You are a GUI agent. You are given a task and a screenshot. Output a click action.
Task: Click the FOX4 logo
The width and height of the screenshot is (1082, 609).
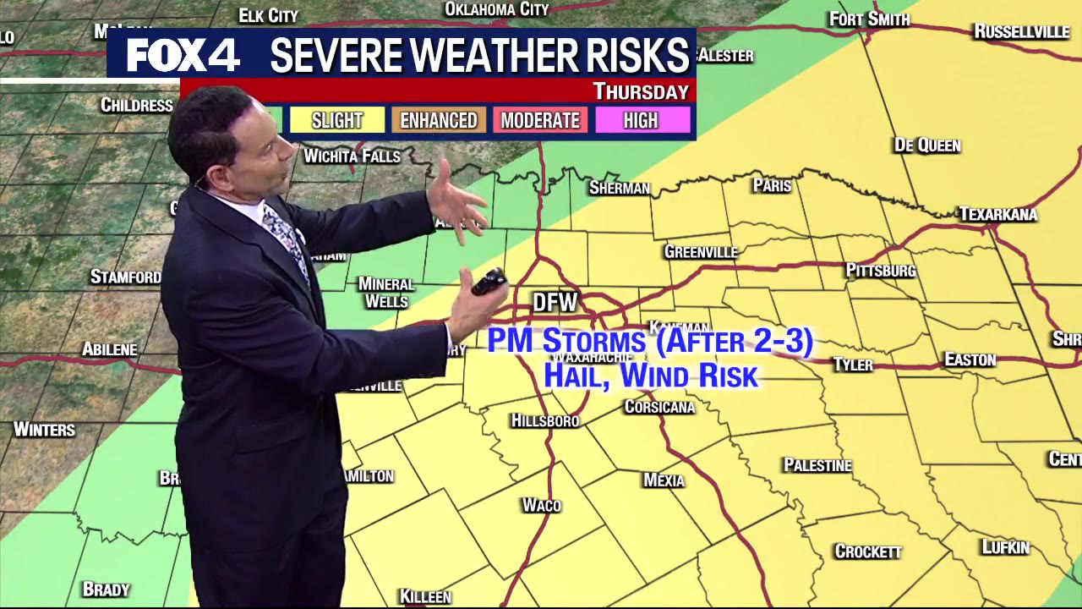[183, 56]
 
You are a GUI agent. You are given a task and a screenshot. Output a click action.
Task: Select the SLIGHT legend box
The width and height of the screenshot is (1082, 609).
[337, 120]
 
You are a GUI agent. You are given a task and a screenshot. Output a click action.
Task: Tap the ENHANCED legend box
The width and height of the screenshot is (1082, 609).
[439, 120]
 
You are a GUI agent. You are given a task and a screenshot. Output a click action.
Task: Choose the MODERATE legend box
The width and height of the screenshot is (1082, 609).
[540, 120]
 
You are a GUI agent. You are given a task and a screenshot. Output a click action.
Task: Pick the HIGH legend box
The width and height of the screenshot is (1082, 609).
[641, 120]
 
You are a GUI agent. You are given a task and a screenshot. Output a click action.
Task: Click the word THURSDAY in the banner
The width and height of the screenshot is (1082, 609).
[641, 91]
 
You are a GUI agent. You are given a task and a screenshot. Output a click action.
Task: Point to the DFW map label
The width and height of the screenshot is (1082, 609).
[555, 302]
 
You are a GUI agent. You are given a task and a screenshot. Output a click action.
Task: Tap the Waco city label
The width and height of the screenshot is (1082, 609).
[541, 505]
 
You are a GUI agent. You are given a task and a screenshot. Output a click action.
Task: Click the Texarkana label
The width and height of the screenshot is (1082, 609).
[997, 214]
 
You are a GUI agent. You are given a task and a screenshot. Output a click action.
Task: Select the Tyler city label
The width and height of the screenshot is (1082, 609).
[853, 365]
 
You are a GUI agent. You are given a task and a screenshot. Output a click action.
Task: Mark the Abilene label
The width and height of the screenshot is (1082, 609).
[110, 349]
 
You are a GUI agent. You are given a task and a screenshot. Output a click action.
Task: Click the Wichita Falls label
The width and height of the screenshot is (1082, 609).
[352, 156]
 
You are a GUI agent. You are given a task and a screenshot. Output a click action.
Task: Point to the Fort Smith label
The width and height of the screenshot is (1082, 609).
[869, 19]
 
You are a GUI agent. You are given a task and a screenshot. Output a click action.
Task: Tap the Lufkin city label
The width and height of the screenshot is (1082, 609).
[1005, 547]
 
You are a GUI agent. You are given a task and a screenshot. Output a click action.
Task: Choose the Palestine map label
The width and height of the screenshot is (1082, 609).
[817, 465]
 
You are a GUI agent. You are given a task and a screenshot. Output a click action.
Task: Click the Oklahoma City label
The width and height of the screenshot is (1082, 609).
[496, 9]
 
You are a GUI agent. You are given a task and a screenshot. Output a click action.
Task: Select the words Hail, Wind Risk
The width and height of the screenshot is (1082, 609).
[650, 376]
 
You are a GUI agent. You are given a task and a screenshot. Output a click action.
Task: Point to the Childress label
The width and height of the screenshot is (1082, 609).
[136, 105]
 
